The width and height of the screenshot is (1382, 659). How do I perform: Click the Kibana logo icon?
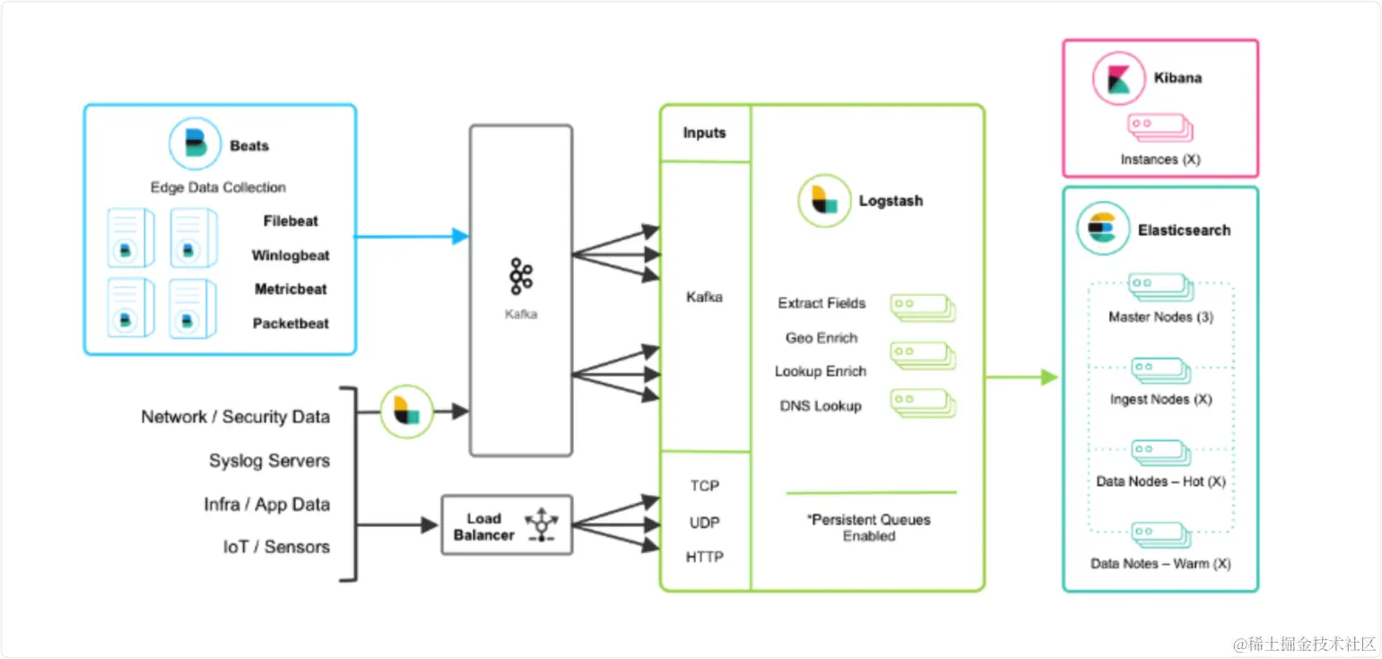coord(1118,78)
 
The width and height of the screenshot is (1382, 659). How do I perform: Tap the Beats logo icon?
coord(195,143)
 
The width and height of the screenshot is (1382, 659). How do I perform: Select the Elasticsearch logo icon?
coord(1103,229)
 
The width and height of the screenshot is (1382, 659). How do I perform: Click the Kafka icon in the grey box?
coord(521,276)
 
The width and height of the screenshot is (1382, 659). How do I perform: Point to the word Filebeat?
coord(291,221)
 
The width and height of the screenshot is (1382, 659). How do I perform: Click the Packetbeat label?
coord(291,324)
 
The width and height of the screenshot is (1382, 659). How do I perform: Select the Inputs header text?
coord(705,133)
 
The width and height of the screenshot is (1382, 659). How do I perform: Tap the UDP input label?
coord(705,523)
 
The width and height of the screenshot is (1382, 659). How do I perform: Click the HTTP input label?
coord(705,557)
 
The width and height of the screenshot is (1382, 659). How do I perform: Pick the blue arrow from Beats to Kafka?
coord(411,236)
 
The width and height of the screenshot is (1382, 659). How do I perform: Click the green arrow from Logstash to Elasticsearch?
coord(1021,377)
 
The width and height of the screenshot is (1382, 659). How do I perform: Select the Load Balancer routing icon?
coord(542,525)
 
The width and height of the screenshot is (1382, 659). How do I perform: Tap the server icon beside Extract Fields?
coord(923,308)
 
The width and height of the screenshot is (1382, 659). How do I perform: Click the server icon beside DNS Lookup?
coord(923,403)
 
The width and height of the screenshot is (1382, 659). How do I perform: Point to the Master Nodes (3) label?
coord(1161,317)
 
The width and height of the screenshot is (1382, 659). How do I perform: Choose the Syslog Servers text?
coord(270,460)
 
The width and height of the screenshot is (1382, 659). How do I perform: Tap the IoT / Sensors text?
coord(276,547)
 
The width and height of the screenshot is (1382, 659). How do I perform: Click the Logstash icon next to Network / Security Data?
coord(406,412)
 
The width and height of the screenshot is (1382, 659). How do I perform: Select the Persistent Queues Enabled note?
coord(869,527)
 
